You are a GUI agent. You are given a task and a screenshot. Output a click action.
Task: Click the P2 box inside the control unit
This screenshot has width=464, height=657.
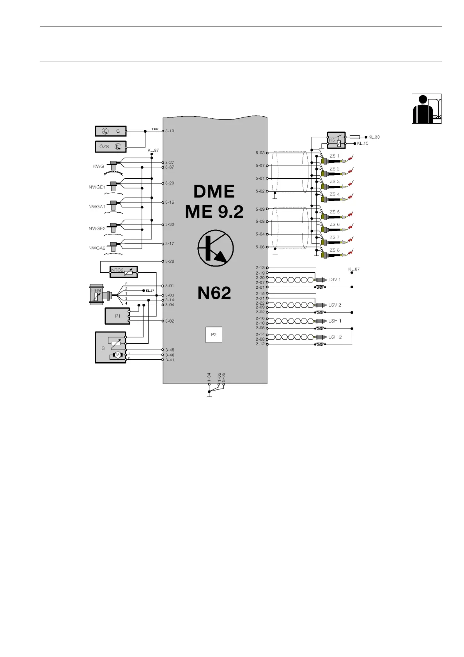[214, 335]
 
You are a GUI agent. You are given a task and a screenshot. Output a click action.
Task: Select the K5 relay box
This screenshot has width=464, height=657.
[336, 140]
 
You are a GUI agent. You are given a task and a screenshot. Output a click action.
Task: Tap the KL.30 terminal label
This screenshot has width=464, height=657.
[374, 137]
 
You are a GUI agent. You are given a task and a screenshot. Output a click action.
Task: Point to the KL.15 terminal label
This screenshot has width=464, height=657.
[363, 144]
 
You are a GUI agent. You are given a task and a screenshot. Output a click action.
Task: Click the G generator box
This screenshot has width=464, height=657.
[111, 131]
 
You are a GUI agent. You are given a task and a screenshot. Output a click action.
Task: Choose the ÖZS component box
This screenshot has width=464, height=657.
[111, 147]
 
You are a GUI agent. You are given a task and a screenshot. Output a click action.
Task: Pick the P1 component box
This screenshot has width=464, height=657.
[117, 316]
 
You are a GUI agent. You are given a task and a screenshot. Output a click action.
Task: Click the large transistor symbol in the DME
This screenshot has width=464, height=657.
[216, 248]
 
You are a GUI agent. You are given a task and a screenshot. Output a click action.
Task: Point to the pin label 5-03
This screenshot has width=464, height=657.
[260, 153]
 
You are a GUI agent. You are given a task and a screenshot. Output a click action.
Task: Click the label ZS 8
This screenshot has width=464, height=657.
[335, 250]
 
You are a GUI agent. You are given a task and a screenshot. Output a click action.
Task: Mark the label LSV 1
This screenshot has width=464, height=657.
[335, 280]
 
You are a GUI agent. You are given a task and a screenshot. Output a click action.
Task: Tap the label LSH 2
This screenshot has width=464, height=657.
[335, 337]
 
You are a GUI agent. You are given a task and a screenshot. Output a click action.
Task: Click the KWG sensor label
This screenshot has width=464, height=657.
[99, 166]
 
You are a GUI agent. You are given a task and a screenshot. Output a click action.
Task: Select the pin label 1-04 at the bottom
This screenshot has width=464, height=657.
[209, 377]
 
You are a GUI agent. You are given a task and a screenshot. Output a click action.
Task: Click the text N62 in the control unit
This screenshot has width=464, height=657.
[214, 293]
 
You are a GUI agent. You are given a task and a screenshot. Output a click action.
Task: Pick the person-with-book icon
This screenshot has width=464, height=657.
[427, 109]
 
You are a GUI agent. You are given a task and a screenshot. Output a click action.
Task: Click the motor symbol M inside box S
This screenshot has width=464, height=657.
[117, 355]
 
